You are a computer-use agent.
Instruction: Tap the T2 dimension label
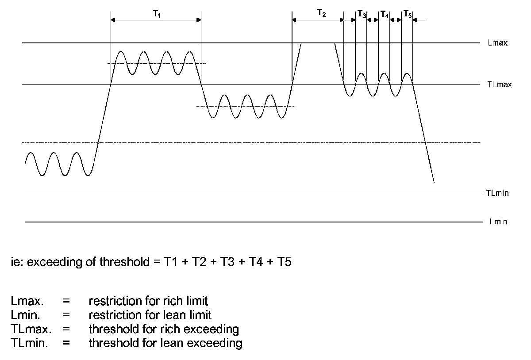pos(322,14)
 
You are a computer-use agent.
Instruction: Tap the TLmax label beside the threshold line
pos(500,84)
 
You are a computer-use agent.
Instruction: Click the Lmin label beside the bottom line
pos(498,222)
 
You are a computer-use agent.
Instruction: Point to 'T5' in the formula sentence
pos(283,262)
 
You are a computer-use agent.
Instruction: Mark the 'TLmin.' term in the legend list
pos(30,343)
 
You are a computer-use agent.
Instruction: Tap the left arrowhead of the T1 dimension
pos(113,20)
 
